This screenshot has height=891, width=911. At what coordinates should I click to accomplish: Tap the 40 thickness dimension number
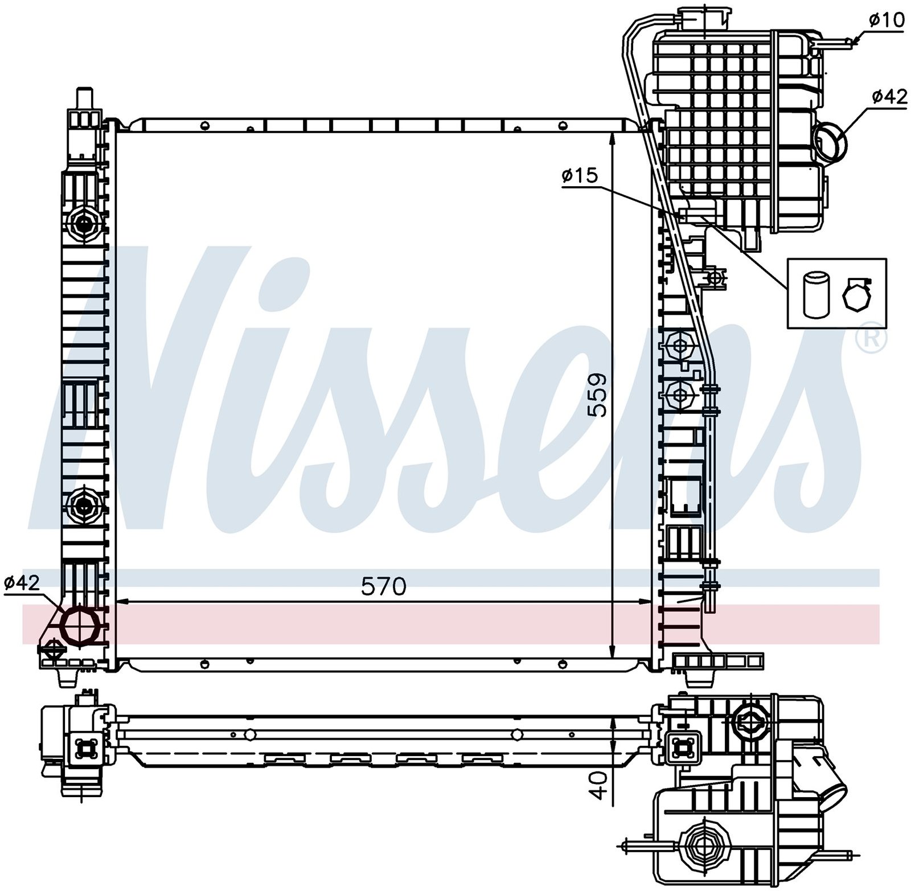598,785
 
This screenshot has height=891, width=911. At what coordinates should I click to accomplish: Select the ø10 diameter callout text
886,20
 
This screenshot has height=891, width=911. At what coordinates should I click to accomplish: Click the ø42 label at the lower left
22,582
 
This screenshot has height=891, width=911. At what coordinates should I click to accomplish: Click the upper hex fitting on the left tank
83,224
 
